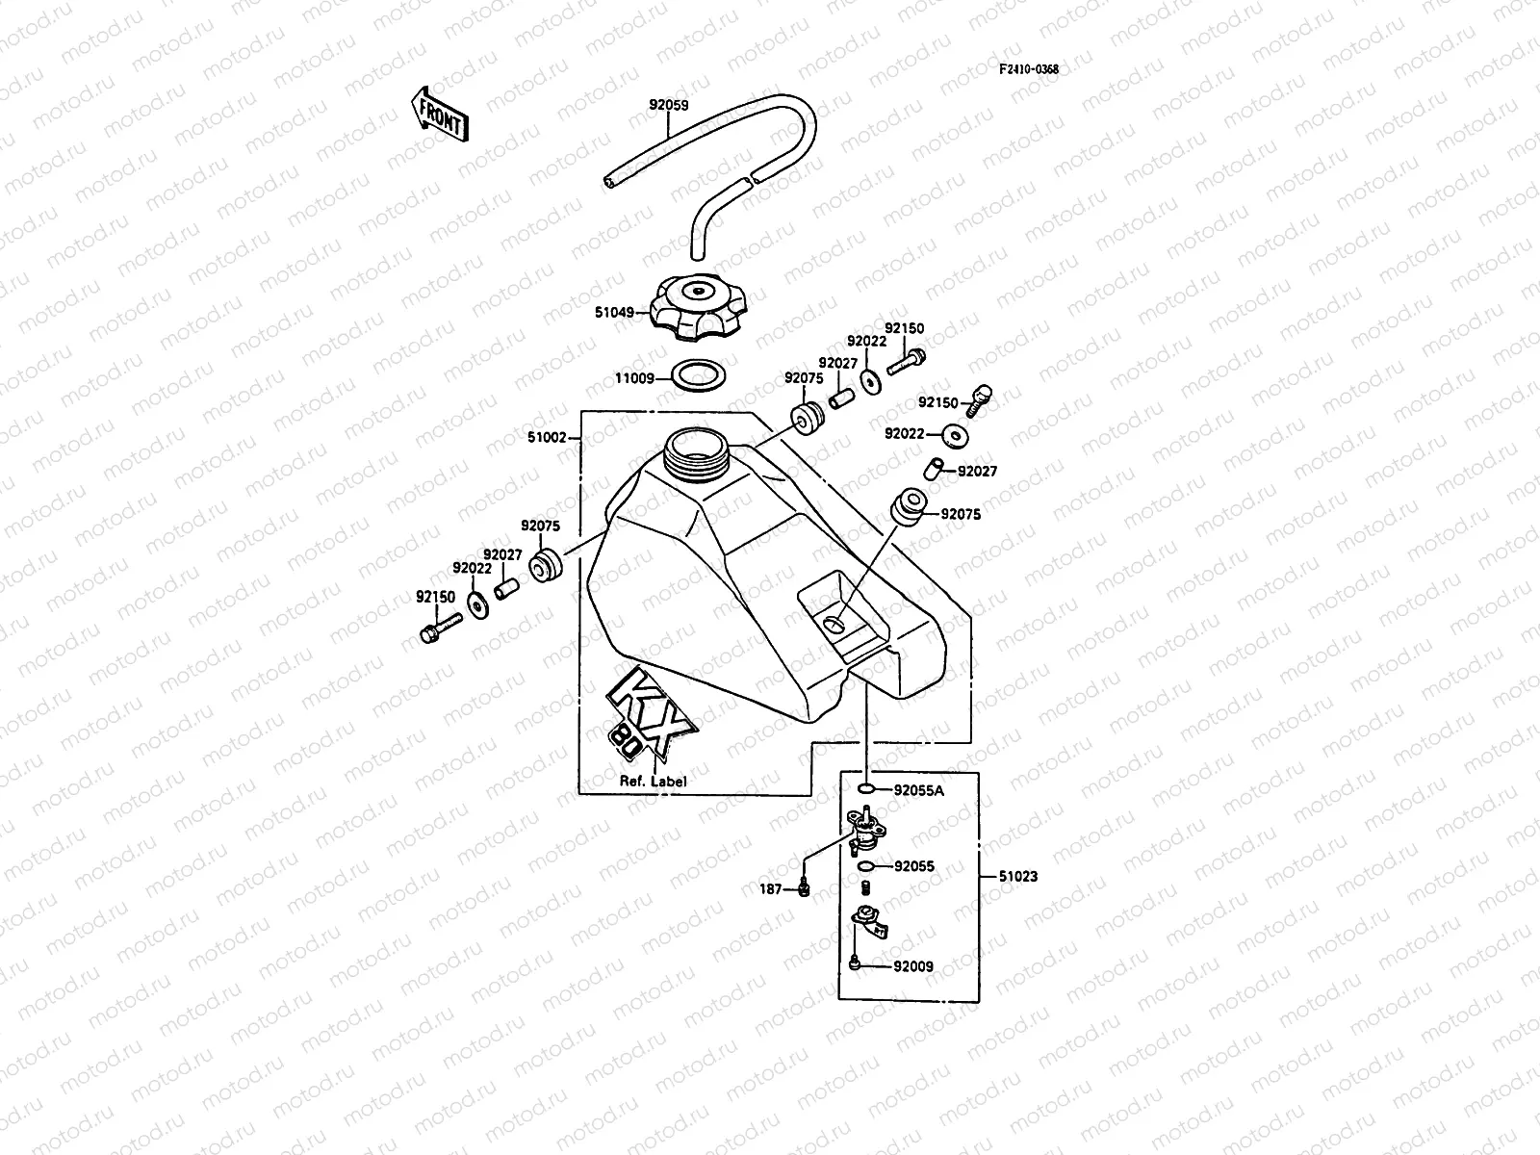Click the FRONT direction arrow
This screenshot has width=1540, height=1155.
(x=439, y=114)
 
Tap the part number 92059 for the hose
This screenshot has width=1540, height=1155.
(x=669, y=107)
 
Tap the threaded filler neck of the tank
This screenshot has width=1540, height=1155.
(x=698, y=449)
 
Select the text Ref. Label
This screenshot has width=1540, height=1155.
(x=653, y=782)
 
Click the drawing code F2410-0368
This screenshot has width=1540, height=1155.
(x=1028, y=69)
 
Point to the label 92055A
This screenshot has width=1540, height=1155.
(x=919, y=791)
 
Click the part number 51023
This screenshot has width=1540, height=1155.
(x=1017, y=877)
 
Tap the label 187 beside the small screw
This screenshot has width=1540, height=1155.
(x=771, y=890)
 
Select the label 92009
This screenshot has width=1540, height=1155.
(x=913, y=966)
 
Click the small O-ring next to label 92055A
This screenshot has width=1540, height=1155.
(x=867, y=790)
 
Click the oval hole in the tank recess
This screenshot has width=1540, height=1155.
(x=834, y=626)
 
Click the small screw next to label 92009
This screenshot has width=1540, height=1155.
(x=855, y=963)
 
